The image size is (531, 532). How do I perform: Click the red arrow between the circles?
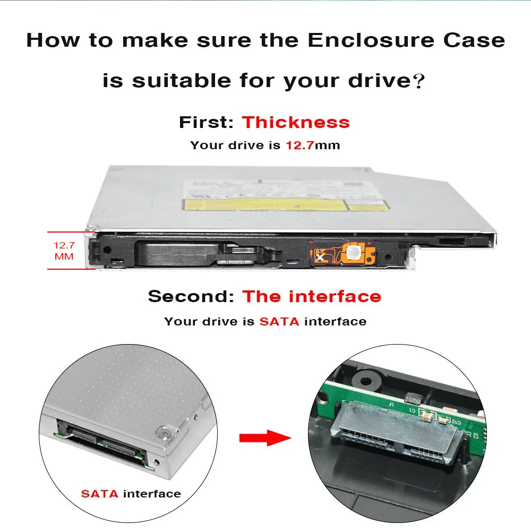265,439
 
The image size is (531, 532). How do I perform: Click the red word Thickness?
296,123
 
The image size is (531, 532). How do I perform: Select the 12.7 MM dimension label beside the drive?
64,251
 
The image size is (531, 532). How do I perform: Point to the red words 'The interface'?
312,296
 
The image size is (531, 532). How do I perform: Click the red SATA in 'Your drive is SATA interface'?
279,321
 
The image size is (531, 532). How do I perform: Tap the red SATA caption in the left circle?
100,494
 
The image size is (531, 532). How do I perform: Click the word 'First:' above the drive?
206,123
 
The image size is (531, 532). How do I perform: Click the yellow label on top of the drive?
265,204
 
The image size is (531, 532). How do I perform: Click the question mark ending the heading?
419,82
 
